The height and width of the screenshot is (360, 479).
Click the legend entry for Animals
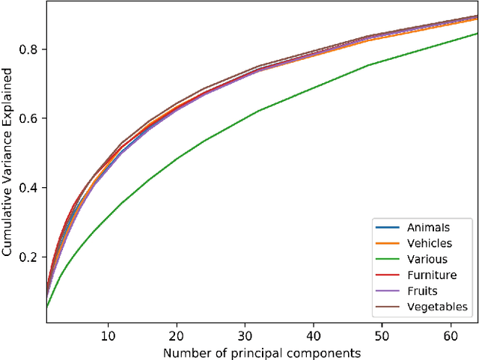pos(427,228)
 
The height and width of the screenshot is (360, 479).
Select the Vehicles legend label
pos(429,243)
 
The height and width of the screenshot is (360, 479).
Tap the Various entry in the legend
pos(427,259)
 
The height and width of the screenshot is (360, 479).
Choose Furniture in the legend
pos(431,275)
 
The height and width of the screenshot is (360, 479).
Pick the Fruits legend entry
pos(423,290)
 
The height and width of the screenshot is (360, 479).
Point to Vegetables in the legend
pos(437,306)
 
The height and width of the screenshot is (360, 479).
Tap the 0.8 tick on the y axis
pos(32,49)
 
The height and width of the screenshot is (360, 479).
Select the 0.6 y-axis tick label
pos(32,118)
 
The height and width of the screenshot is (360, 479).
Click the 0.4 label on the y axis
pos(32,188)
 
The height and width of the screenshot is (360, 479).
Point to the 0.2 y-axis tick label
pos(32,257)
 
